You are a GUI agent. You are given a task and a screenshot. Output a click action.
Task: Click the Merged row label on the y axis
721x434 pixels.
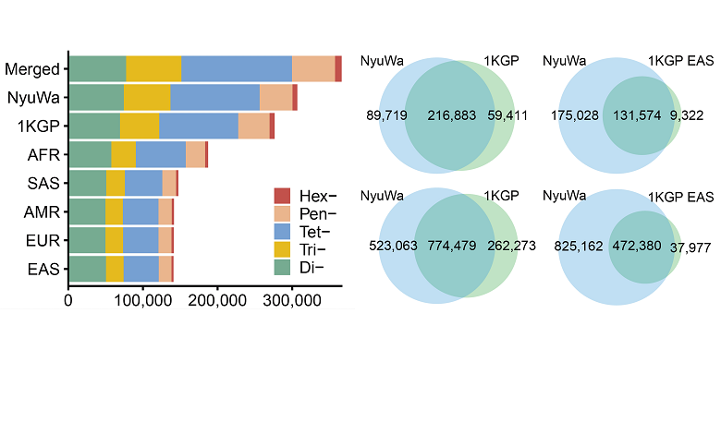coord(32,69)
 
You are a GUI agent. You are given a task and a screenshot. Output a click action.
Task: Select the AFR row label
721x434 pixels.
coord(44,155)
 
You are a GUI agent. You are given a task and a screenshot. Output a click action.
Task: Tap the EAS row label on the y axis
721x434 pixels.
coord(44,270)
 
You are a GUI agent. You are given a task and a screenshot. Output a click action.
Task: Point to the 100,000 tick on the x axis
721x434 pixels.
coord(142,300)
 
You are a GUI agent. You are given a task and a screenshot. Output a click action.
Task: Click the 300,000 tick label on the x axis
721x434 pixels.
coord(291,300)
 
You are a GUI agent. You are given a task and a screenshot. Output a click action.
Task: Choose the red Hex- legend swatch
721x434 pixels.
coord(283,196)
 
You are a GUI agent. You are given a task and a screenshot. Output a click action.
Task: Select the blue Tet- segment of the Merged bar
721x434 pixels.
coord(236,68)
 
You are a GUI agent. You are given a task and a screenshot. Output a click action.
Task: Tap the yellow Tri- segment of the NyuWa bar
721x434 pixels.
coord(147,97)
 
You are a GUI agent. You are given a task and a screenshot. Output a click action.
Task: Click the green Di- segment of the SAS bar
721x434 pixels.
coord(88,183)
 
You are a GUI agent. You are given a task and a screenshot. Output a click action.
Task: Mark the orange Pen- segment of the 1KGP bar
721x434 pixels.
coord(253,126)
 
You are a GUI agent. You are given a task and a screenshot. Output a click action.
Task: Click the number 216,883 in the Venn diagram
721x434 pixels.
coord(452,116)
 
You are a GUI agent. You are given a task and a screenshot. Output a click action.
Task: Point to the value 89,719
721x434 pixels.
coord(385,116)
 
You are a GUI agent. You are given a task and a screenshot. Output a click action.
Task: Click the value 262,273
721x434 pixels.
coord(511,247)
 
